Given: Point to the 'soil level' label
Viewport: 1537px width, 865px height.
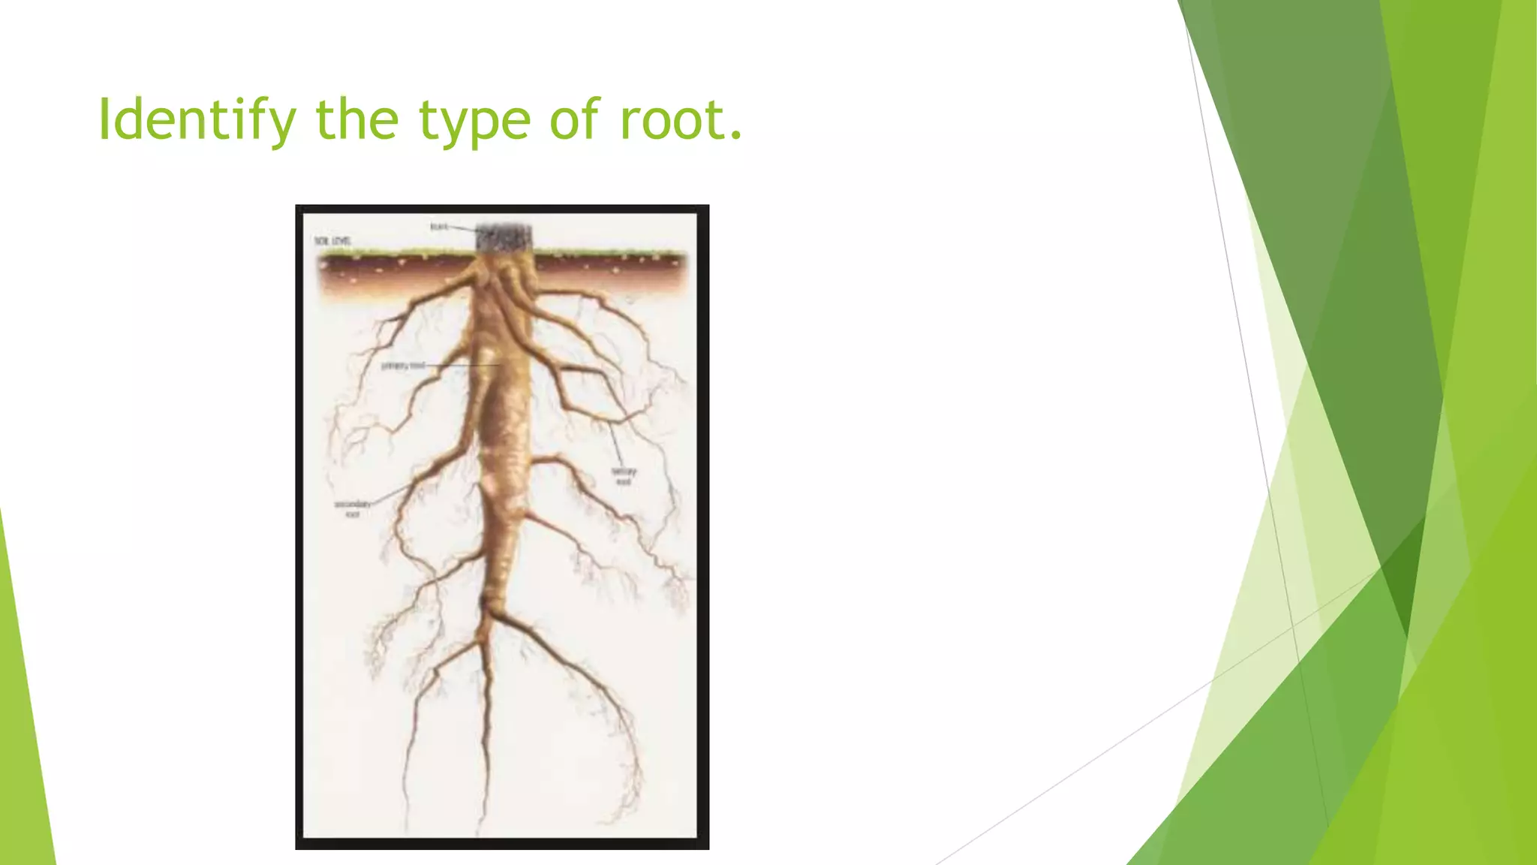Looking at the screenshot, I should tap(332, 241).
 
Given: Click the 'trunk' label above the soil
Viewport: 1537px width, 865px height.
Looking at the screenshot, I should tap(438, 226).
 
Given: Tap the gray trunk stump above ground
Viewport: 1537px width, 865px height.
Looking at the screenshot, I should tap(504, 238).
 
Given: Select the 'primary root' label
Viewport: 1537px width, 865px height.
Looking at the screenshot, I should tap(403, 366).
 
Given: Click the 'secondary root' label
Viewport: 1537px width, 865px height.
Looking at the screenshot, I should tap(352, 508).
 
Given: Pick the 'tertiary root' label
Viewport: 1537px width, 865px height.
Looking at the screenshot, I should tap(624, 476).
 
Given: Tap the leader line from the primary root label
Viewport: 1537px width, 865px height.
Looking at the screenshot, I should tap(462, 365).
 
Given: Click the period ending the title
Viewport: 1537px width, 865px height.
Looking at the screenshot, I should tap(735, 137).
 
